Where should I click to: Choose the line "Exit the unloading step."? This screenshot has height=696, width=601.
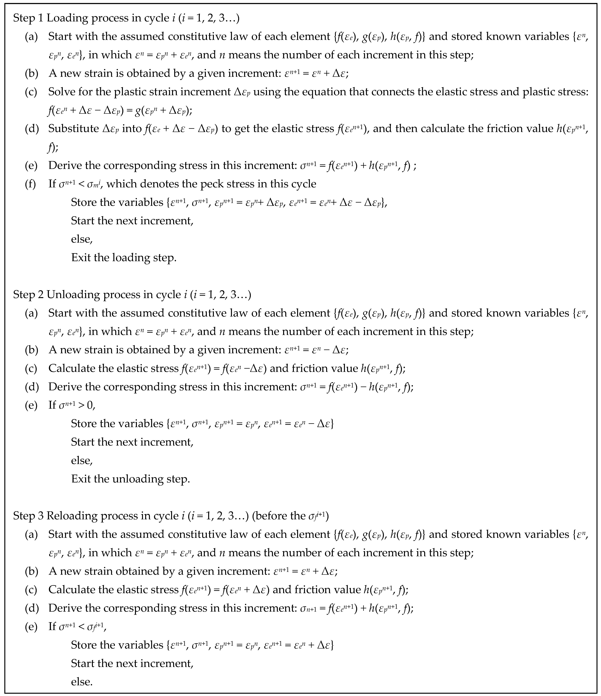point(130,479)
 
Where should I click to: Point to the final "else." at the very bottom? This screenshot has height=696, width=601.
point(82,682)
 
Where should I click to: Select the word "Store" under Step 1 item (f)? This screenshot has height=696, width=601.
point(84,203)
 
